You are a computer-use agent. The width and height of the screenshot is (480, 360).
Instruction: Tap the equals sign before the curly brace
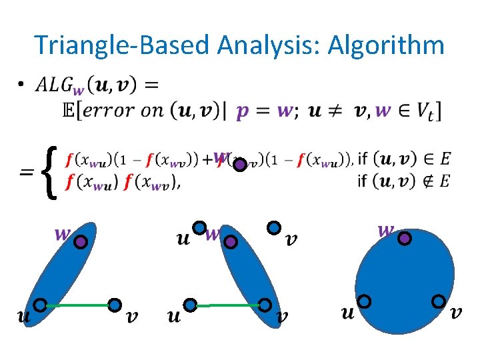click(x=27, y=172)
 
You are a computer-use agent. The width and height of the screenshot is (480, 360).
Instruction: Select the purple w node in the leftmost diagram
click(x=81, y=242)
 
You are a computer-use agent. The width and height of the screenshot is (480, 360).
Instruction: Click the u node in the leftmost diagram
click(x=40, y=305)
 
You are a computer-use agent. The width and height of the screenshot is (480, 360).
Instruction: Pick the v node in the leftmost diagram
click(x=115, y=305)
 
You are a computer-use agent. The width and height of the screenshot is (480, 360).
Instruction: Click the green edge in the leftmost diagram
click(x=77, y=305)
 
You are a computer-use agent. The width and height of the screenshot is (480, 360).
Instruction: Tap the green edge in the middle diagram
click(x=227, y=305)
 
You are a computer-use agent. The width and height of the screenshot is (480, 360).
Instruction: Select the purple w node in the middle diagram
click(x=230, y=242)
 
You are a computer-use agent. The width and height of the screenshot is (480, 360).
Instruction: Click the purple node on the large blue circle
click(x=404, y=238)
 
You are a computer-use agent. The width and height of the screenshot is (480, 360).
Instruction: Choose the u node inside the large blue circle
click(x=365, y=301)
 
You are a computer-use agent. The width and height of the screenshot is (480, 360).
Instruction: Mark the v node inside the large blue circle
click(x=439, y=301)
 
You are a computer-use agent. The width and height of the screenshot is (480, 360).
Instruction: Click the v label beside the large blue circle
click(x=457, y=312)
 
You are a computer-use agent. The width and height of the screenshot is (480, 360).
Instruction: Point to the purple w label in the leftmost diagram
click(x=63, y=233)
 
